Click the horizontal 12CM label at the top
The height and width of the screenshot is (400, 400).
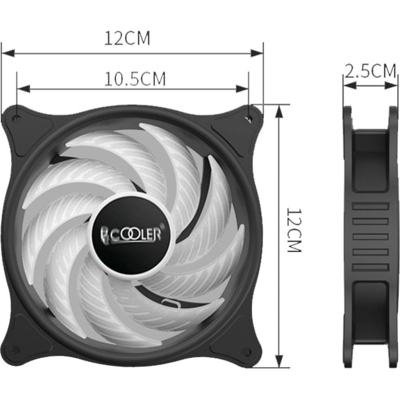127,38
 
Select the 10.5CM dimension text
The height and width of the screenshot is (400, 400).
135,79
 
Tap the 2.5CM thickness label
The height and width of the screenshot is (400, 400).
370,71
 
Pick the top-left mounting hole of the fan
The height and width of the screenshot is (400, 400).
16,118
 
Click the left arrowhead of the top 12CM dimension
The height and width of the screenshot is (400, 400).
8,53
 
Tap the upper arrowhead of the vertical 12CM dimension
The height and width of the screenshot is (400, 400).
279,111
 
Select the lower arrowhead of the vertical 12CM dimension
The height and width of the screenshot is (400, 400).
279,361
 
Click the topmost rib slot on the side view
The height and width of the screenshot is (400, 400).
370,206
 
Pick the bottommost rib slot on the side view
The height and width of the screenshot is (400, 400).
370,267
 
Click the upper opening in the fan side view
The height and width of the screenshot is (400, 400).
370,160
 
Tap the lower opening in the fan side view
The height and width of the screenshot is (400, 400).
370,312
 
